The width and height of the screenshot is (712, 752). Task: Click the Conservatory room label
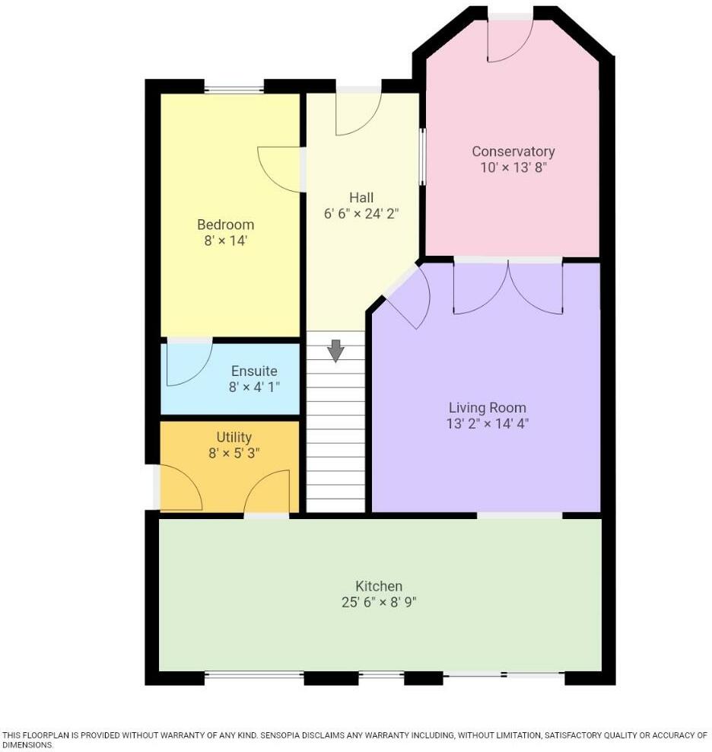pos(513,151)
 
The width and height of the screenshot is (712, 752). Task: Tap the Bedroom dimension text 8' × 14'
pos(225,241)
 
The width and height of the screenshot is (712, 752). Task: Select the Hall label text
pos(361,198)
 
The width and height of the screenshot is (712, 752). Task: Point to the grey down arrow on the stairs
pos(335,350)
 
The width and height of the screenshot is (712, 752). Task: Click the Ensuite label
pos(254,371)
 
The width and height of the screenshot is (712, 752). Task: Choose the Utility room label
pos(234,438)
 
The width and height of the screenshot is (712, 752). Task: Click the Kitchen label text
pos(379,586)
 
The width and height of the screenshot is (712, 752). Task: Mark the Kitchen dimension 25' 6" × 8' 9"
pos(379,603)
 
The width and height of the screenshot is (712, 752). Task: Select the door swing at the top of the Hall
pos(357,113)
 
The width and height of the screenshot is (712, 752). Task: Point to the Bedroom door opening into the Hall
pos(281,169)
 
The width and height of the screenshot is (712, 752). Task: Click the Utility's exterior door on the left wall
pos(180,487)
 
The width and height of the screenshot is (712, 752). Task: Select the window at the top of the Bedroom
pos(234,89)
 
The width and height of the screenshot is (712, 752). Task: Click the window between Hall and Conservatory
pos(422,157)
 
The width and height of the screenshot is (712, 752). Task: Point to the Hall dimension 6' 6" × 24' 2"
pos(361,214)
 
